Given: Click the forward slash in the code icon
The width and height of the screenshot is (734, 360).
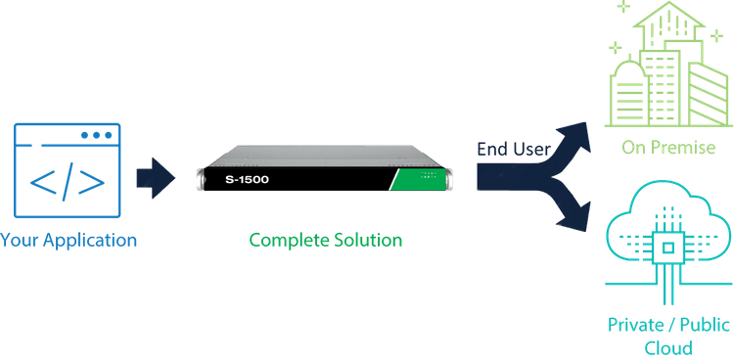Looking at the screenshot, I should pyautogui.click(x=67, y=183).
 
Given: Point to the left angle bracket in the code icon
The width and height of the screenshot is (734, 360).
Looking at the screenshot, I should pyautogui.click(x=42, y=183).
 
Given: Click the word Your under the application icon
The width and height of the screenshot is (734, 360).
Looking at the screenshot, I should pyautogui.click(x=22, y=239).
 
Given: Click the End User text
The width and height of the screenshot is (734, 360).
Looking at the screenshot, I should pyautogui.click(x=513, y=150).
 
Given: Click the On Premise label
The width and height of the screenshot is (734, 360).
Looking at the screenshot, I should pyautogui.click(x=669, y=148).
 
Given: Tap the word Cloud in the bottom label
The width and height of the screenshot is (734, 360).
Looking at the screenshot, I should pyautogui.click(x=668, y=347).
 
